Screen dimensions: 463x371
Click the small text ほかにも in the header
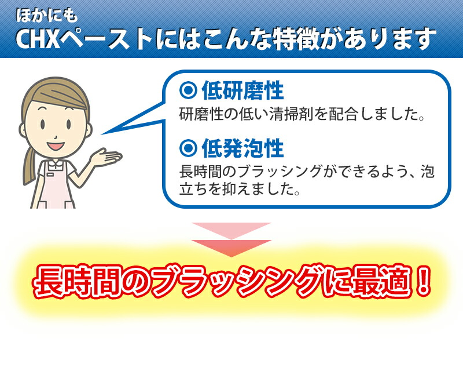pyautogui.click(x=47, y=16)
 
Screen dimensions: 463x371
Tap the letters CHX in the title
pyautogui.click(x=38, y=39)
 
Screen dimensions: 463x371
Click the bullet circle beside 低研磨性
pyautogui.click(x=188, y=90)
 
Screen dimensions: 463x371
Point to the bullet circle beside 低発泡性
pyautogui.click(x=188, y=147)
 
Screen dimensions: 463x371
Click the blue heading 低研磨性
pyautogui.click(x=242, y=90)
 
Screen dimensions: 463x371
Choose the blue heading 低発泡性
pyautogui.click(x=242, y=148)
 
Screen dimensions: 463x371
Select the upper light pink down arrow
pyautogui.click(x=231, y=230)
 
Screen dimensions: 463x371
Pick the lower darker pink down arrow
pyautogui.click(x=231, y=248)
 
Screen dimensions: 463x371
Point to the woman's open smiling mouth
pyautogui.click(x=56, y=146)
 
